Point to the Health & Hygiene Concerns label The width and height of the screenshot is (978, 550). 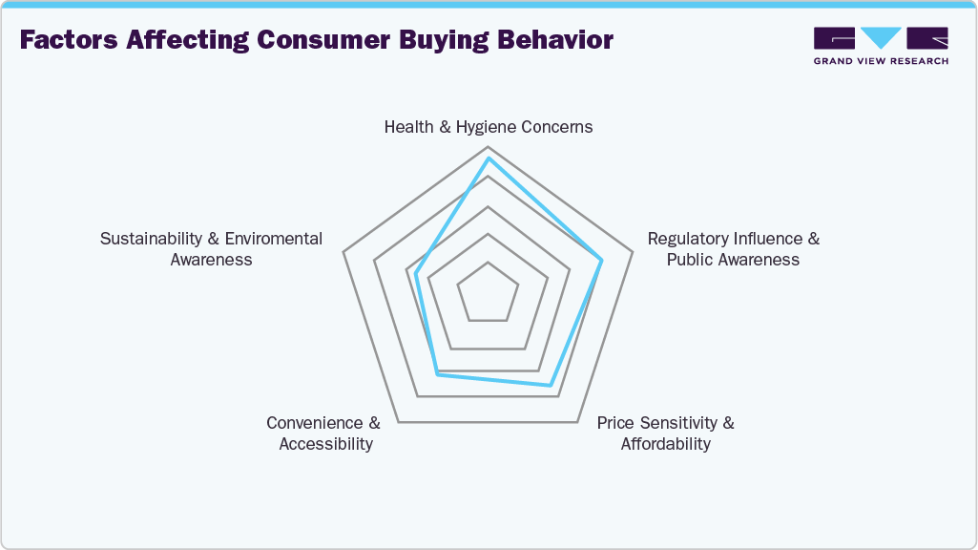click(489, 127)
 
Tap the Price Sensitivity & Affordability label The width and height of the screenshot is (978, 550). click(666, 434)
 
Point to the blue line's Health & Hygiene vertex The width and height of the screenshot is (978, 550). click(489, 159)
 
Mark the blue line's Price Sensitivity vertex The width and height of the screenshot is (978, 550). click(550, 386)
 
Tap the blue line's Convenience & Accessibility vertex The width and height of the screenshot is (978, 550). click(437, 374)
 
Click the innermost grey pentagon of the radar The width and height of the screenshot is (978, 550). click(489, 290)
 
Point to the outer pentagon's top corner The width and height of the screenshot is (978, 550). click(489, 147)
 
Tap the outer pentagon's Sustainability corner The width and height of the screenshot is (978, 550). click(343, 253)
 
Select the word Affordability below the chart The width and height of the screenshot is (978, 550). click(666, 444)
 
